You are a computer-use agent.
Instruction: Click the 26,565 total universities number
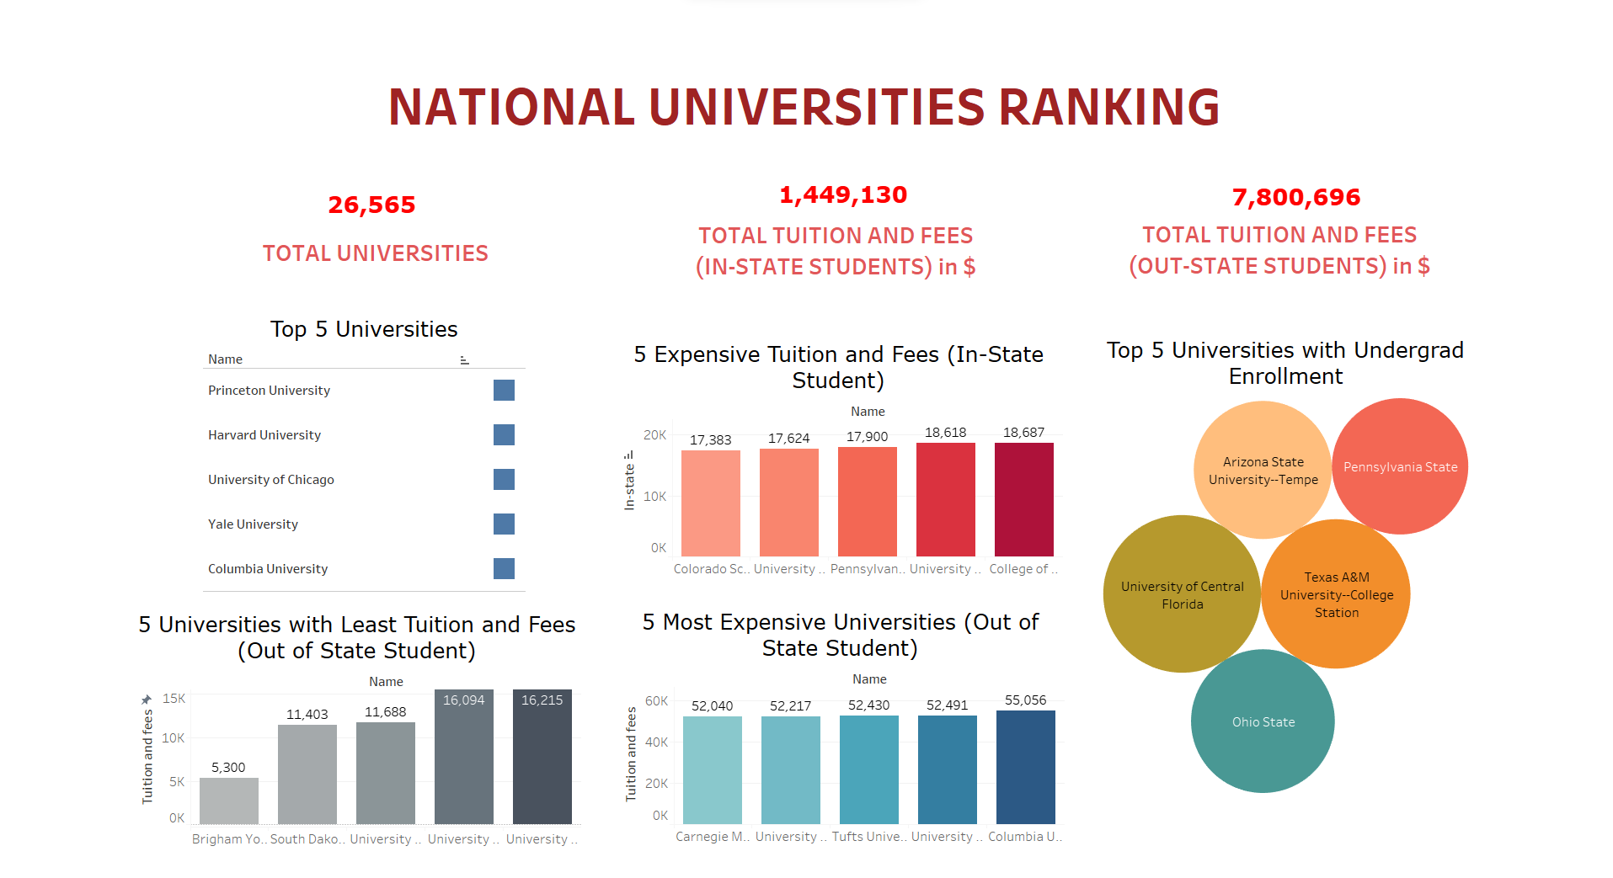point(371,205)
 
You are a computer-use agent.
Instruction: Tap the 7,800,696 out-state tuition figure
point(1295,197)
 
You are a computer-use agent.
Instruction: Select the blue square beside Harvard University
point(504,434)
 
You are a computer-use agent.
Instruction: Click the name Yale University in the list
point(253,524)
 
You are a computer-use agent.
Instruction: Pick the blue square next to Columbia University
point(504,568)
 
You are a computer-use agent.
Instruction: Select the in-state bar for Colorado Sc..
point(710,503)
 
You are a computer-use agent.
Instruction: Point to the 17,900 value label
point(867,436)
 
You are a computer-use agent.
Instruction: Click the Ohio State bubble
point(1263,721)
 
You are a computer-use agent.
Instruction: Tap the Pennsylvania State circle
point(1400,466)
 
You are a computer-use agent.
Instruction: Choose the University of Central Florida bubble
point(1182,594)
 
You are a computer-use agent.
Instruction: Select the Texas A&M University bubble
point(1336,594)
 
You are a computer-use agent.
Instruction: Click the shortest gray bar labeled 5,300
point(228,801)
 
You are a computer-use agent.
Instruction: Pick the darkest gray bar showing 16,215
point(542,758)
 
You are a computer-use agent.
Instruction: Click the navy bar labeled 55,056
point(1025,767)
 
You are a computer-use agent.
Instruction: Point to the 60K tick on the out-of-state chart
point(656,700)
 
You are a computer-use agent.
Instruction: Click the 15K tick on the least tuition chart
point(174,699)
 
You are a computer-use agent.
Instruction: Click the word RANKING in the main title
point(1108,107)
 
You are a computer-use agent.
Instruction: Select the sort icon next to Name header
point(464,359)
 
